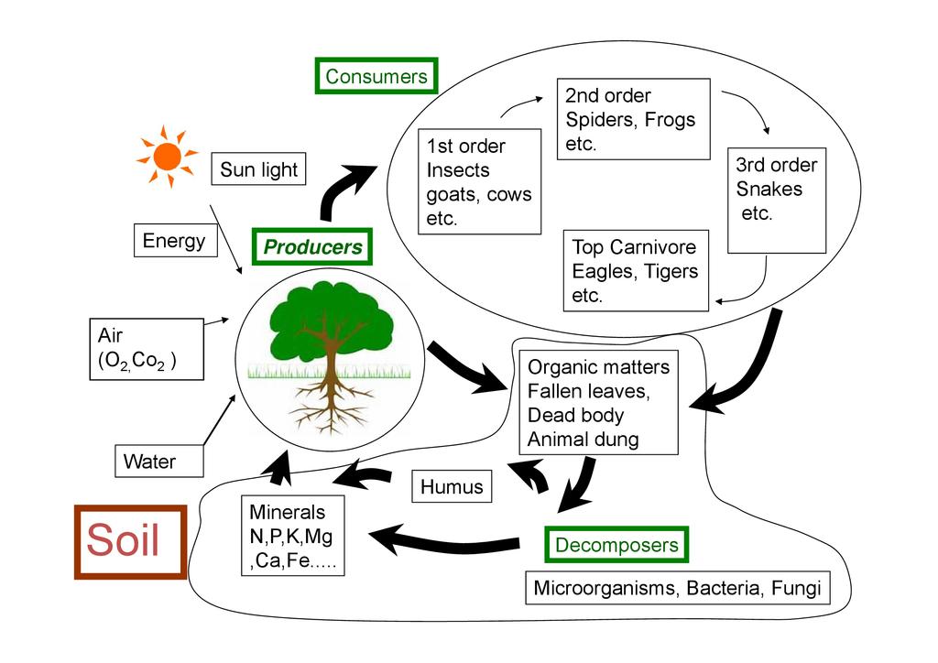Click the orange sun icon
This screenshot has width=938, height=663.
click(x=167, y=157)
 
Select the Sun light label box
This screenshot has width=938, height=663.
click(x=258, y=169)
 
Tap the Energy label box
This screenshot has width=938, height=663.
click(x=174, y=241)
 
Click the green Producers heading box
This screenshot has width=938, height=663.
click(x=312, y=246)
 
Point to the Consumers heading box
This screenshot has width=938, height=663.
click(x=376, y=76)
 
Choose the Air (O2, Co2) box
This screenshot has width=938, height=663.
click(x=145, y=349)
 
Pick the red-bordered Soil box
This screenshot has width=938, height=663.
click(x=130, y=541)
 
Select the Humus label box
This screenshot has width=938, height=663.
click(x=452, y=486)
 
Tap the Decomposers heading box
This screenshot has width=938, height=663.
click(x=616, y=546)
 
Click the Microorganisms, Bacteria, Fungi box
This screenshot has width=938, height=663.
click(x=677, y=588)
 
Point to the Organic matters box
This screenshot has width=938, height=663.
click(x=598, y=403)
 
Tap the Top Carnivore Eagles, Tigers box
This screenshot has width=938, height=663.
click(x=637, y=271)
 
